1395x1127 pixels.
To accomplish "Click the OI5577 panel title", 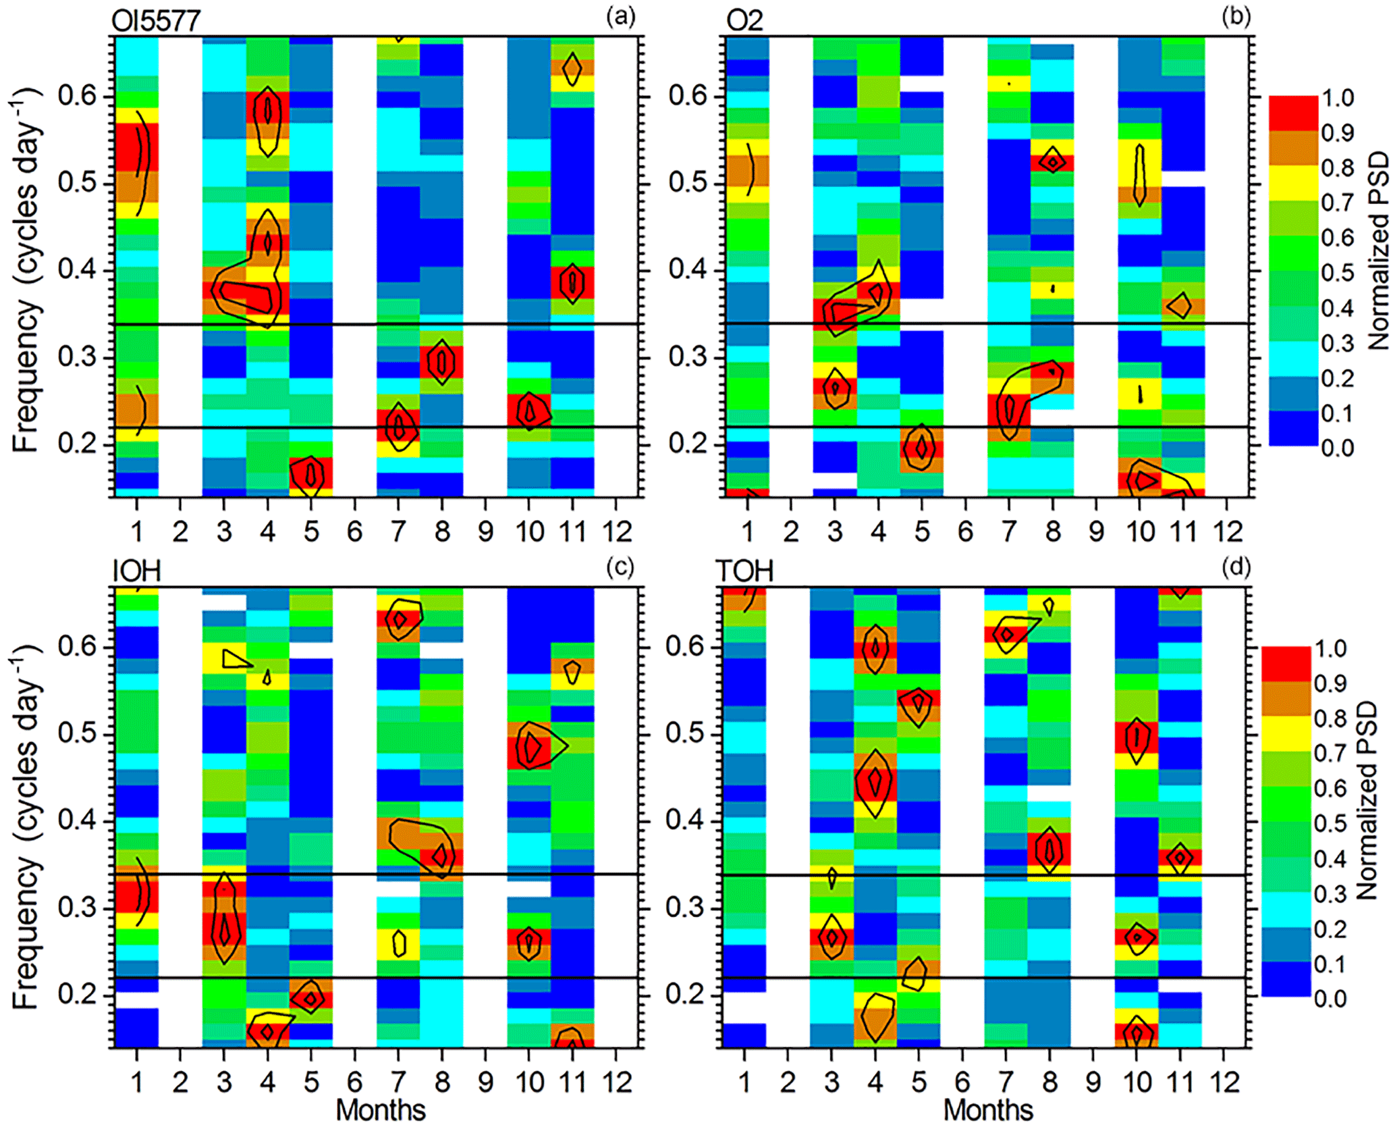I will (x=156, y=20).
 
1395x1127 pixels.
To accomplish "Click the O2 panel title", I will (x=744, y=20).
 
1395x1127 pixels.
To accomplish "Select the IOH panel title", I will (x=137, y=571).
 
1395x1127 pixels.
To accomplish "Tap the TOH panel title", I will (x=744, y=571).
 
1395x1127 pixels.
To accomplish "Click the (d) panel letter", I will (x=1236, y=567).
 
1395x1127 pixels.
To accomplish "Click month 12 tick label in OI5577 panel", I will (x=617, y=532).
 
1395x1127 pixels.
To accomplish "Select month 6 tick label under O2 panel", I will (x=965, y=532).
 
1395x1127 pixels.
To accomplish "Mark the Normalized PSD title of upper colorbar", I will (x=1379, y=250).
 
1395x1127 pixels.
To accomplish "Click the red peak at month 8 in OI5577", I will (x=442, y=362).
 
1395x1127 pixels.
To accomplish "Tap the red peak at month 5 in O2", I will (x=921, y=447).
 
